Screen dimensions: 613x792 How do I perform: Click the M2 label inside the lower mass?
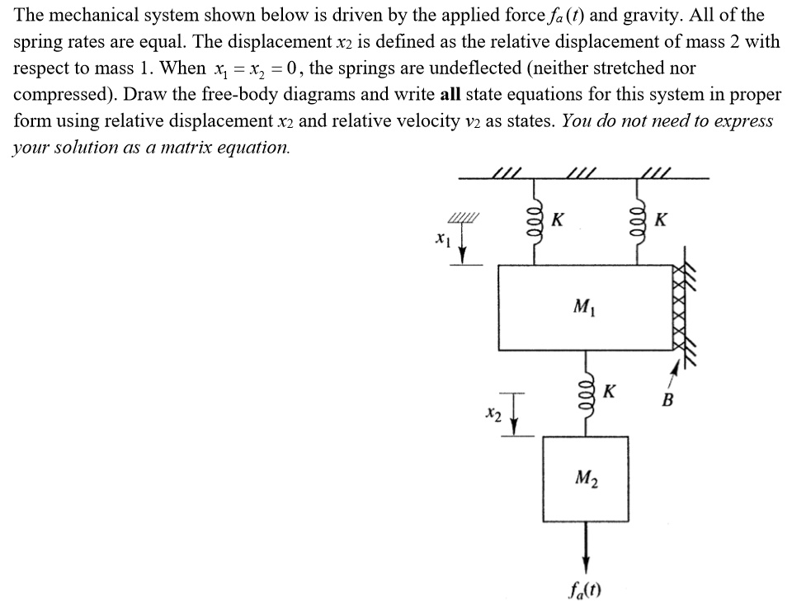(x=585, y=475)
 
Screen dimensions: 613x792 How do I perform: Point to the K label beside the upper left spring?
(x=559, y=220)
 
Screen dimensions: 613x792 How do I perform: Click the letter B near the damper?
(x=668, y=402)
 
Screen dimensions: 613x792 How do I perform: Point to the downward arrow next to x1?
(x=464, y=246)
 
